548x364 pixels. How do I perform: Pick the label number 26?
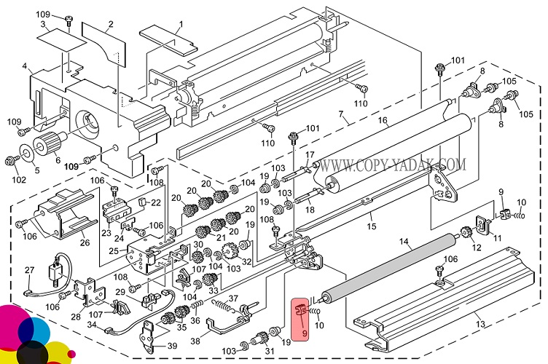pyautogui.click(x=85, y=242)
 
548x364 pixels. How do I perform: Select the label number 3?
pyautogui.click(x=43, y=25)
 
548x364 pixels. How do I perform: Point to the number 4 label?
pyautogui.click(x=25, y=67)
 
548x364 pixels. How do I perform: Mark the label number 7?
pyautogui.click(x=340, y=114)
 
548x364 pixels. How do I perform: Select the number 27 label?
pyautogui.click(x=29, y=270)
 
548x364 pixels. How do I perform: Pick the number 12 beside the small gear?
pyautogui.click(x=478, y=249)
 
